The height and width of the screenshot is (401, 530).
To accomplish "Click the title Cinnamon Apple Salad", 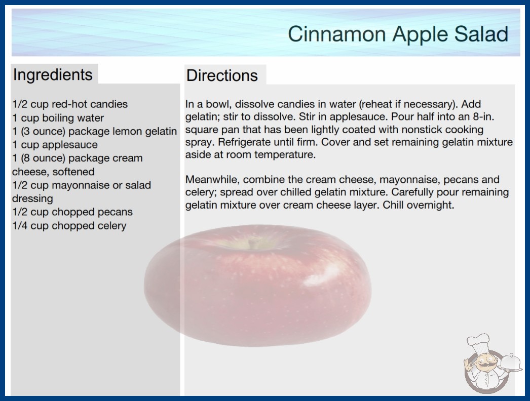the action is pyautogui.click(x=398, y=34).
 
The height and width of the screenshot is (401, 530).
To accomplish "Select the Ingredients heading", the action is pyautogui.click(x=53, y=75).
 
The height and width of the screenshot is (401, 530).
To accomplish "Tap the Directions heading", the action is pyautogui.click(x=222, y=75).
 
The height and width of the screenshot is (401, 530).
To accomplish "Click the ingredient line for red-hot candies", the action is pyautogui.click(x=70, y=104).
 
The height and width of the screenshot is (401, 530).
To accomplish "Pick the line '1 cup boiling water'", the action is pyautogui.click(x=58, y=118).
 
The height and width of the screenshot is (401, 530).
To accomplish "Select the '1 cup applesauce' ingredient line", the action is pyautogui.click(x=55, y=145).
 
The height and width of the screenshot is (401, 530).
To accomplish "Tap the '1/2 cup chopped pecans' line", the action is pyautogui.click(x=72, y=212).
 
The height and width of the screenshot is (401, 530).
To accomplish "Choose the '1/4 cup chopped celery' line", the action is pyautogui.click(x=69, y=226).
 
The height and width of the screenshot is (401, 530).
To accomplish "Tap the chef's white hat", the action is pyautogui.click(x=478, y=343).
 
